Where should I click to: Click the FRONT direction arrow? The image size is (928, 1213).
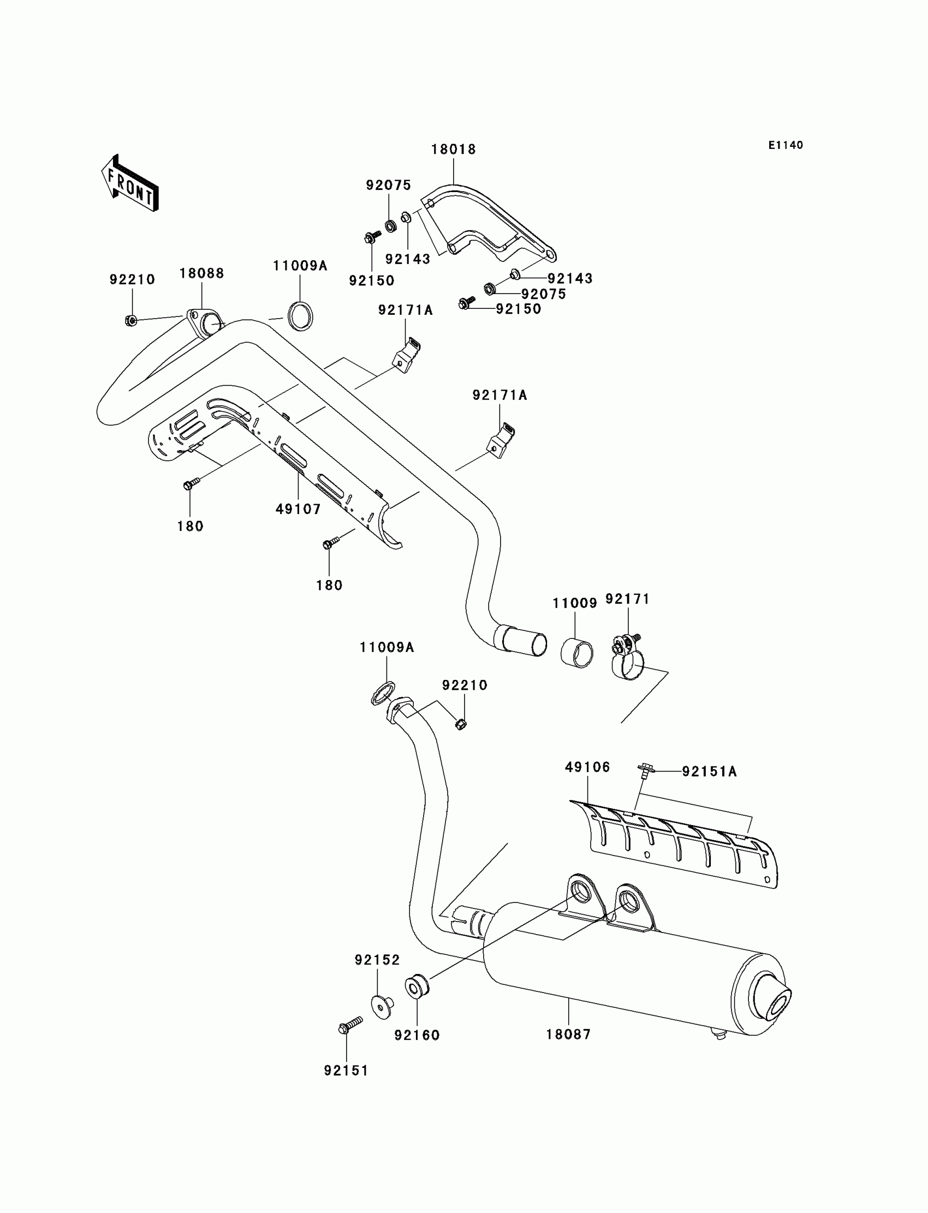pyautogui.click(x=130, y=184)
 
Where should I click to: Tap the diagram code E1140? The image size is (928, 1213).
pyautogui.click(x=785, y=145)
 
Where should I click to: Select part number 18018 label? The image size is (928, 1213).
pyautogui.click(x=453, y=149)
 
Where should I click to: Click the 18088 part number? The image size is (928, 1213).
pyautogui.click(x=201, y=273)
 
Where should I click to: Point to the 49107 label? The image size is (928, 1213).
pyautogui.click(x=298, y=509)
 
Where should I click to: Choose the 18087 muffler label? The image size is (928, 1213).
pyautogui.click(x=568, y=1034)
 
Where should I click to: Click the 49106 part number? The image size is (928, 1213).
pyautogui.click(x=587, y=767)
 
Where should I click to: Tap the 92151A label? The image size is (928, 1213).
pyautogui.click(x=709, y=772)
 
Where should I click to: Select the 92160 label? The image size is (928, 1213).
pyautogui.click(x=417, y=1035)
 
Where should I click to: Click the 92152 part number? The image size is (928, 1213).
pyautogui.click(x=377, y=960)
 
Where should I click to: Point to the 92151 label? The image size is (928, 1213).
pyautogui.click(x=346, y=1071)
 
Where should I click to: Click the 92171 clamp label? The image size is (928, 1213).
pyautogui.click(x=628, y=599)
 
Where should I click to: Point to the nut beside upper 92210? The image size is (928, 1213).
pyautogui.click(x=132, y=320)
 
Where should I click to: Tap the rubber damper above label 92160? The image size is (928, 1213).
pyautogui.click(x=417, y=987)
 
